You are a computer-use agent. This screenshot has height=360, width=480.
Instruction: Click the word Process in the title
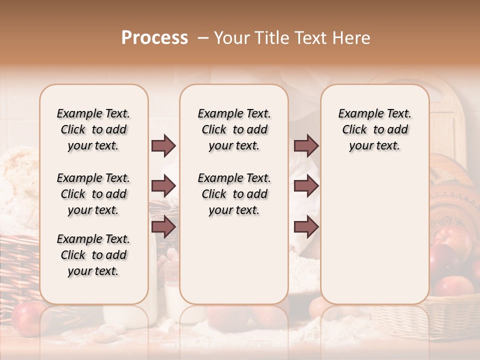click(x=154, y=38)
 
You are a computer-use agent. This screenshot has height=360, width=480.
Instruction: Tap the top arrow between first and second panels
click(x=163, y=145)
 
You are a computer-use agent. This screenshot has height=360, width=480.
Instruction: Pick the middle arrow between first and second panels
click(x=163, y=186)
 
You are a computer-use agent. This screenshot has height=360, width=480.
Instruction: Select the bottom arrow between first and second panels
click(x=163, y=227)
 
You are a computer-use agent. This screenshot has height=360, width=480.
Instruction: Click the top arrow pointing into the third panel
click(x=306, y=145)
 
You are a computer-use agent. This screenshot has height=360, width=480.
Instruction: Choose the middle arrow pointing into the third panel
click(x=306, y=186)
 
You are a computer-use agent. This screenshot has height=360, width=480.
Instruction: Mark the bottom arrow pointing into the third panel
click(x=306, y=227)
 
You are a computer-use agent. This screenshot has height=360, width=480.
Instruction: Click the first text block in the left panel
click(x=93, y=129)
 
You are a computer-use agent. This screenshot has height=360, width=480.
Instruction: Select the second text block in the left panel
click(x=93, y=194)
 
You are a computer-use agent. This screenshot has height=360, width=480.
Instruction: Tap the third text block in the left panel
click(x=93, y=255)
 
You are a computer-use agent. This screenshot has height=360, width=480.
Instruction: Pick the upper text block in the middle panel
click(x=234, y=129)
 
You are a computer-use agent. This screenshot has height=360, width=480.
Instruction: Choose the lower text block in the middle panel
click(x=234, y=194)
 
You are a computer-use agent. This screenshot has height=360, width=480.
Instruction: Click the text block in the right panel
click(x=374, y=129)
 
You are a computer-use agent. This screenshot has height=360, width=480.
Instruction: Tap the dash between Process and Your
click(x=203, y=38)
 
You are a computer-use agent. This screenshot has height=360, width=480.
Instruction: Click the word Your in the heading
click(x=232, y=38)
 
